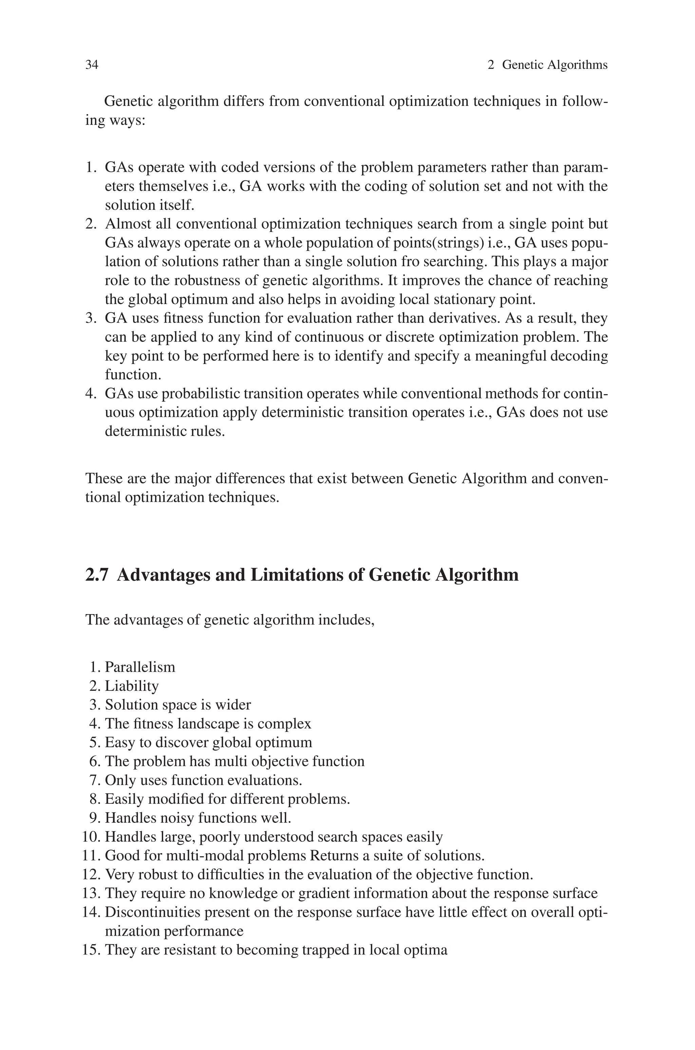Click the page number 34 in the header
tap(92, 65)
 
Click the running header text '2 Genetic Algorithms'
tap(547, 65)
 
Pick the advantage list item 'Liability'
tap(132, 686)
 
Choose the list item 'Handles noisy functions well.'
tap(198, 818)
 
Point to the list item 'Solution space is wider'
tap(178, 705)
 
